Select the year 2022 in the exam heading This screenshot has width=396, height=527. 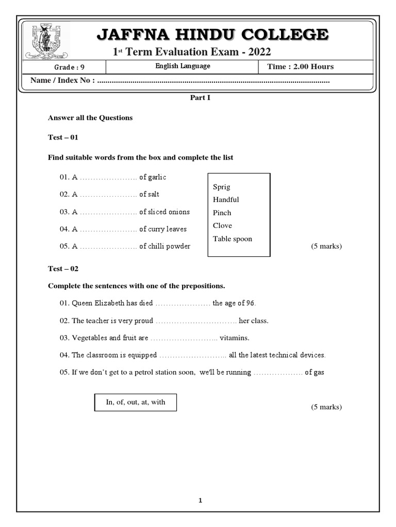click(x=256, y=52)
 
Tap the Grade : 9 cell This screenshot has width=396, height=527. click(x=67, y=67)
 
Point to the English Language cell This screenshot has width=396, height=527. click(x=183, y=66)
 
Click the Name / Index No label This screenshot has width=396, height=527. click(x=62, y=80)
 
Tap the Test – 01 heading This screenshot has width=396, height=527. click(x=63, y=137)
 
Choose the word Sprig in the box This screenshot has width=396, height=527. click(x=222, y=187)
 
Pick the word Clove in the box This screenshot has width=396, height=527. click(x=222, y=225)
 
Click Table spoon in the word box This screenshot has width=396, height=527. click(x=233, y=239)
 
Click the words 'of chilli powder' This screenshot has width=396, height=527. click(x=164, y=247)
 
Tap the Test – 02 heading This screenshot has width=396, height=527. click(x=63, y=269)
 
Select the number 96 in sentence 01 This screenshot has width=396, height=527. click(x=250, y=303)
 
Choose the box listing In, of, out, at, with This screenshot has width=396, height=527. click(x=136, y=402)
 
